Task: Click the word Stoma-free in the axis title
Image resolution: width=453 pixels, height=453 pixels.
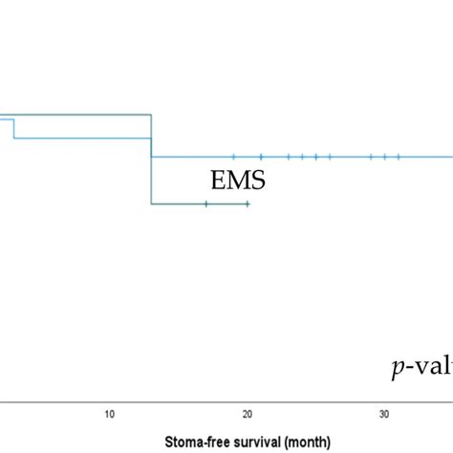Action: pyautogui.click(x=194, y=442)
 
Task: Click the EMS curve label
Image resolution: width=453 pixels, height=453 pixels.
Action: pyautogui.click(x=238, y=180)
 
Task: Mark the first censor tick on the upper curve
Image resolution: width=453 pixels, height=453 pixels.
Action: pyautogui.click(x=233, y=156)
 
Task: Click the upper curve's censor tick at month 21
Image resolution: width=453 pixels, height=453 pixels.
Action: pyautogui.click(x=261, y=156)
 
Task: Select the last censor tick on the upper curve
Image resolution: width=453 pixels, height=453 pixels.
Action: pyautogui.click(x=399, y=156)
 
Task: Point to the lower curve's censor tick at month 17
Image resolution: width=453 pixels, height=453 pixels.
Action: pyautogui.click(x=205, y=204)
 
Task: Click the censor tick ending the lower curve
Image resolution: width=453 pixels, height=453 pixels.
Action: pyautogui.click(x=248, y=204)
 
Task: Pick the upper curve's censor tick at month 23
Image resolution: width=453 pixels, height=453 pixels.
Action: pyautogui.click(x=289, y=156)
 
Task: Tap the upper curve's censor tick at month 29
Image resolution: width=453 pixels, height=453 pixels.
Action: pyautogui.click(x=371, y=156)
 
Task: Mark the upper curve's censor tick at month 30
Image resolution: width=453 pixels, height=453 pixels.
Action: pyautogui.click(x=384, y=156)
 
